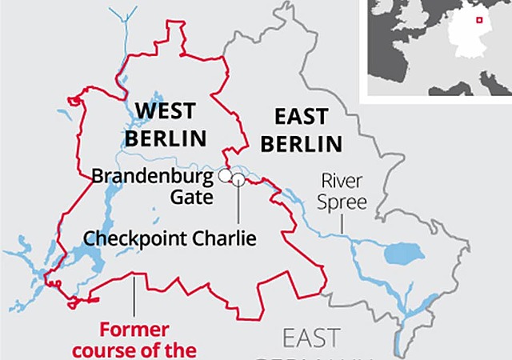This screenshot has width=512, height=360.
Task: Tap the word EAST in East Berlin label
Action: coord(300,117)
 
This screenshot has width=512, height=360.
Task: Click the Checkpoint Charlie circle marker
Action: coord(238,179)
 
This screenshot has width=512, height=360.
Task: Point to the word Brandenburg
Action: coord(153,175)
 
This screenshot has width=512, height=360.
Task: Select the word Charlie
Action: coord(226,238)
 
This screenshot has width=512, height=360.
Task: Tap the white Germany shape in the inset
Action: coord(466,36)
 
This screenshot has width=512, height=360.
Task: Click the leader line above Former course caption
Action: coord(134,295)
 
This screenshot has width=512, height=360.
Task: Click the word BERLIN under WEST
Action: coord(165,138)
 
